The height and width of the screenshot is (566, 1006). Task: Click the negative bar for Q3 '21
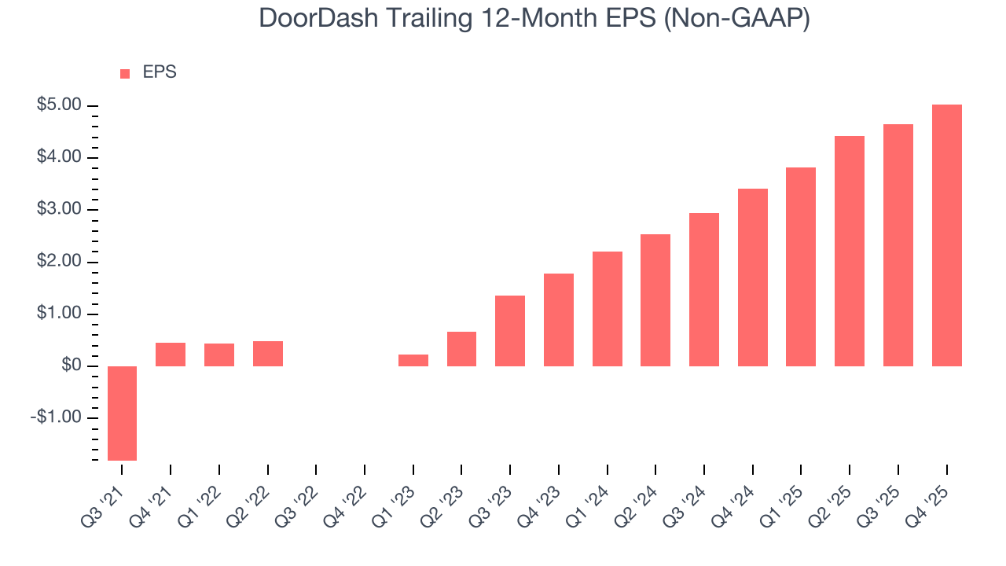tap(122, 413)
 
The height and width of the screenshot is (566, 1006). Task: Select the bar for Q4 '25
tap(946, 236)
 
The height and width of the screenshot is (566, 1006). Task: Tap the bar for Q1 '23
tap(413, 360)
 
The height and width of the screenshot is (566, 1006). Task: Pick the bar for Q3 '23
tap(510, 331)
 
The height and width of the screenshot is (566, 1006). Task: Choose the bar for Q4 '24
tap(753, 277)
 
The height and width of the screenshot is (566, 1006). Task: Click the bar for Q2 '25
tap(850, 252)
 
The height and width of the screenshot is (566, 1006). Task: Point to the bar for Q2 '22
tap(268, 354)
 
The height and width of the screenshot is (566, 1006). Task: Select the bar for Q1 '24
tap(608, 309)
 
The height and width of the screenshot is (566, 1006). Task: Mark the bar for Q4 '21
tap(171, 355)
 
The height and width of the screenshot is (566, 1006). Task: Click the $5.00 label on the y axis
tap(59, 105)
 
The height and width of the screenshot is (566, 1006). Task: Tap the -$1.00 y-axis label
tap(56, 417)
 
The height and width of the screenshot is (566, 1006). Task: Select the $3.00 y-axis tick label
tap(59, 210)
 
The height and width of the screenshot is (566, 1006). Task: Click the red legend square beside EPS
tap(125, 73)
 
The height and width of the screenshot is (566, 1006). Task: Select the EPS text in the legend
tap(160, 72)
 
